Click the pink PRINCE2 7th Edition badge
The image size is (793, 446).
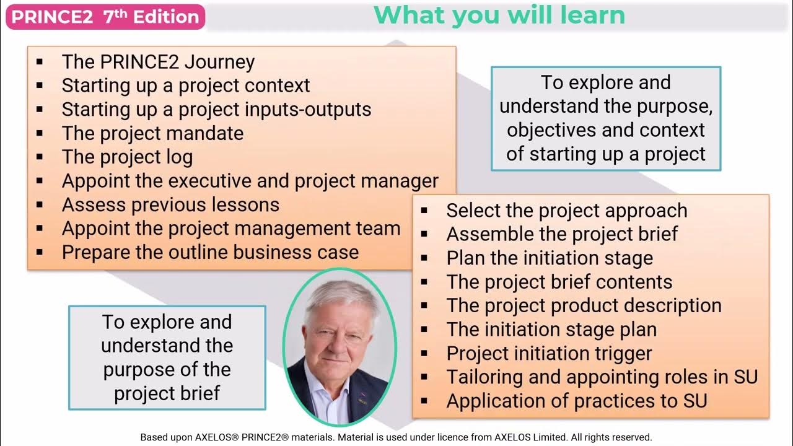[105, 17]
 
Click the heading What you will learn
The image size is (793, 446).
[499, 15]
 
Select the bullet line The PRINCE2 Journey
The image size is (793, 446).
[158, 62]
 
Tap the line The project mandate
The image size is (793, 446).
[152, 133]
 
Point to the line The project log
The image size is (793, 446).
[127, 157]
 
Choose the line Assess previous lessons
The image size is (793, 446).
[170, 204]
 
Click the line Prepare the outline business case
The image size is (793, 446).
[210, 252]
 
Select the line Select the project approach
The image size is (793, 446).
[567, 210]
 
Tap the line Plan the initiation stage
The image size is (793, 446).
[550, 258]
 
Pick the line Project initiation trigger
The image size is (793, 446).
[549, 353]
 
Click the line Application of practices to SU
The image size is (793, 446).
[577, 401]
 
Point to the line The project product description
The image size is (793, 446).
[584, 305]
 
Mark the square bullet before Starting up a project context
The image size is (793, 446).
[40, 85]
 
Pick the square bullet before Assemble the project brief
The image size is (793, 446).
[424, 234]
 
